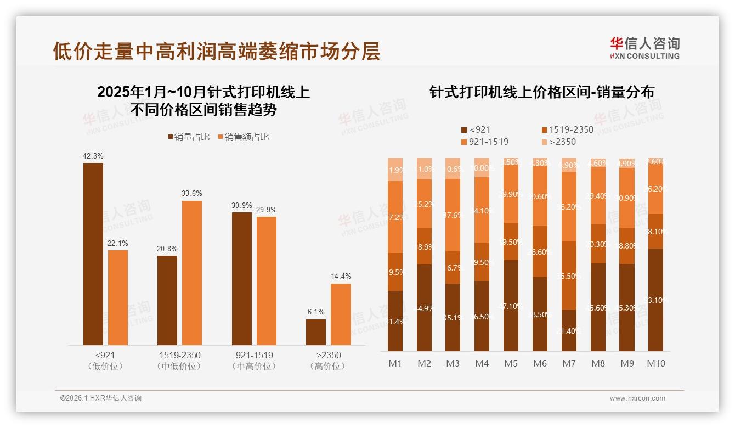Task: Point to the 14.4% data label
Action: [x=341, y=276]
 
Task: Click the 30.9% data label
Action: [x=242, y=205]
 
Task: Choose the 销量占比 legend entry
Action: [x=189, y=137]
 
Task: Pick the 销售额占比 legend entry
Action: [x=243, y=137]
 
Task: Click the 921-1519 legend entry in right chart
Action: [x=484, y=142]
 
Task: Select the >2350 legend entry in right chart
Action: [x=559, y=142]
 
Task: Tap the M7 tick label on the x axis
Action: [x=568, y=363]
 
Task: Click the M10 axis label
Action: [x=655, y=363]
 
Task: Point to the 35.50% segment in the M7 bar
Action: [x=569, y=275]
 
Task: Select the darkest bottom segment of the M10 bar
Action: [x=655, y=300]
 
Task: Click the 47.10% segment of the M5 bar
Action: [x=511, y=305]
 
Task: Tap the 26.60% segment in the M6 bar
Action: [x=540, y=251]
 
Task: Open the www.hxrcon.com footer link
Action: [x=637, y=398]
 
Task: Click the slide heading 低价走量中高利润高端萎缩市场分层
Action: [x=216, y=51]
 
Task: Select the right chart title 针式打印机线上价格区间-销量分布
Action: [x=542, y=92]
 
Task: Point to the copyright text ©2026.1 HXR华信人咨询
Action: [x=101, y=398]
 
